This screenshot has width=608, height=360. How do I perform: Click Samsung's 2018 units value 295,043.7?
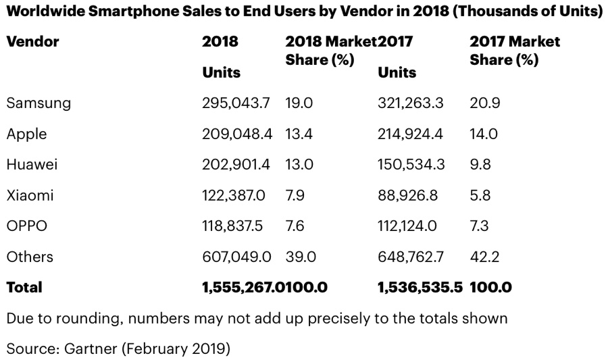[236, 103]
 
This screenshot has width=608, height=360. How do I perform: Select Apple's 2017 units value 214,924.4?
[411, 134]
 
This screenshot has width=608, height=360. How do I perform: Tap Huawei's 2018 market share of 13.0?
[299, 165]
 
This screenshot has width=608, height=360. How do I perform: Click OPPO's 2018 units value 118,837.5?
[234, 226]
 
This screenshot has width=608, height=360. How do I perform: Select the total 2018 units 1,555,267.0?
[241, 287]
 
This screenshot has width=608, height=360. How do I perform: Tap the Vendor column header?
[32, 42]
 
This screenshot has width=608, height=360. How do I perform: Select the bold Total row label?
[24, 287]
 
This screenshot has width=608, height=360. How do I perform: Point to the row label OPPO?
[26, 226]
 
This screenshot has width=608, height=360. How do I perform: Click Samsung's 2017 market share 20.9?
[484, 103]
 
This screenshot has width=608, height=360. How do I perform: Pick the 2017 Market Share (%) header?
[514, 51]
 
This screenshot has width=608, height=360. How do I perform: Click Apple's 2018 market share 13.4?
[299, 134]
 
